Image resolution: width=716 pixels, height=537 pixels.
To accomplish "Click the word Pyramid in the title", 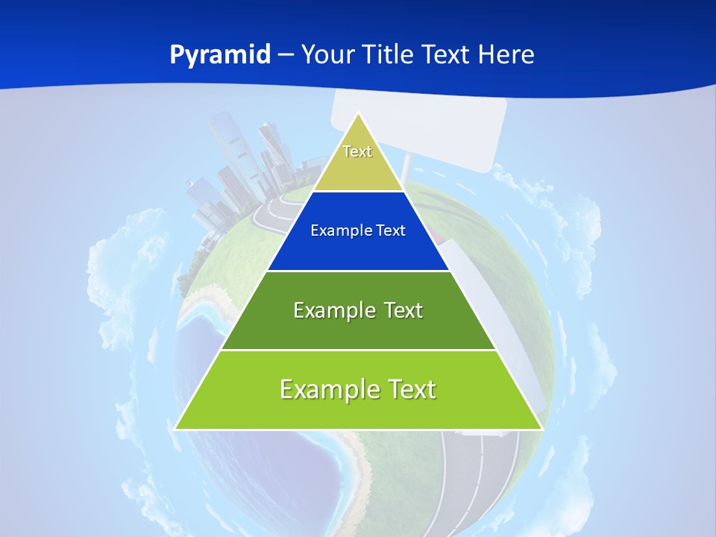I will (220, 55).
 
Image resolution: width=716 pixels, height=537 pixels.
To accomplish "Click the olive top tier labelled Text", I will (358, 160).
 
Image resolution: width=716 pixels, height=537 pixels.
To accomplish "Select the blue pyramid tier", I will (358, 246).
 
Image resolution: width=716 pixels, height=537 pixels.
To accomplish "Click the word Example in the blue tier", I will (335, 230).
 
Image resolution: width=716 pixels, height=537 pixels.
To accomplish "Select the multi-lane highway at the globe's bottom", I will (477, 485).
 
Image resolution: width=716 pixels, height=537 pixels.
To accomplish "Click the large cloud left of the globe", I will (119, 276).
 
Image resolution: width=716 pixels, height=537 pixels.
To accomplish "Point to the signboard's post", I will (409, 168).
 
